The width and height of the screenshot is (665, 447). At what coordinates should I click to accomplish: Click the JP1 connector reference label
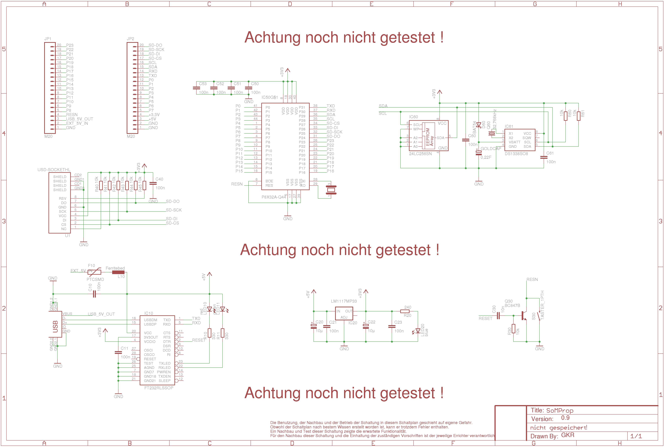tap(48, 39)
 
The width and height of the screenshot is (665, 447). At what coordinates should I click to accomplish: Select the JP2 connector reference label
tap(130, 39)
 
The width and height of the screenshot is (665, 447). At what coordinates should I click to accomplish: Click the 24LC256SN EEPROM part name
tap(420, 154)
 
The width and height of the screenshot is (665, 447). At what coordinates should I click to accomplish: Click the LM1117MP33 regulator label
tap(344, 301)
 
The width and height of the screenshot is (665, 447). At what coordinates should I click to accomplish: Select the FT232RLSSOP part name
tap(159, 388)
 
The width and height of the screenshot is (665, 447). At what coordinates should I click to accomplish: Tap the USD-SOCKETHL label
tap(54, 170)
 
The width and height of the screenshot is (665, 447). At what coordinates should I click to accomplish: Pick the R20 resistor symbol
tap(405, 311)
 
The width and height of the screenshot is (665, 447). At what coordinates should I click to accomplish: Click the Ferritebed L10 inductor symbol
tap(118, 272)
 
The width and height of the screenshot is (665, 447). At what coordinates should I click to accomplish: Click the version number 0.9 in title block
tap(565, 418)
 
